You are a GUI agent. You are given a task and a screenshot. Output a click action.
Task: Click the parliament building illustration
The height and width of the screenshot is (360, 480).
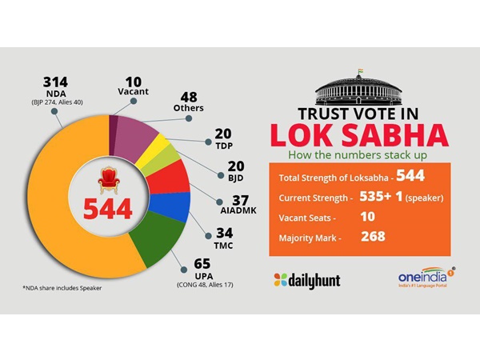350,84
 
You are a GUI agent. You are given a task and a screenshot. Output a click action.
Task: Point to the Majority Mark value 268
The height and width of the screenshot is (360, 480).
372,237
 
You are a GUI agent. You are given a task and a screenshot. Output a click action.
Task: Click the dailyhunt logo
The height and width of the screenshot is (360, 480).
308,280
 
